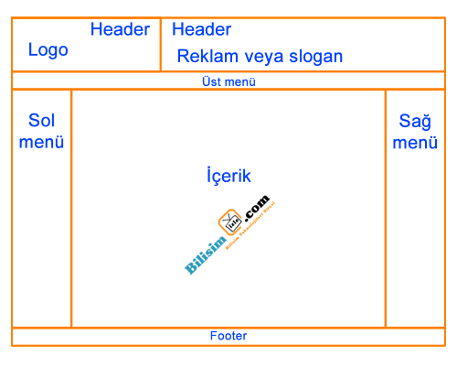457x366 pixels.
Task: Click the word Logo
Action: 48,49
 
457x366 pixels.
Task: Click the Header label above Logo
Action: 120,29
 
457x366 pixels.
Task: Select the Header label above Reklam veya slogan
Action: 201,29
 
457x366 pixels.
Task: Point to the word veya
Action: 267,56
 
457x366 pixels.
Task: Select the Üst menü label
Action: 228,81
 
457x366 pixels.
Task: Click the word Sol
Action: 41,120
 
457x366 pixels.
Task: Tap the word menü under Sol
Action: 41,142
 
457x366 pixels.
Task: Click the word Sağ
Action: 416,121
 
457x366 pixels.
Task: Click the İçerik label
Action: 228,175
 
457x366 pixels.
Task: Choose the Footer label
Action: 228,336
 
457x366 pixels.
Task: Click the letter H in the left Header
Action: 96,29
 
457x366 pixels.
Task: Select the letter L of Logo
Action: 32,49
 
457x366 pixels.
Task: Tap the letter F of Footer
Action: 213,336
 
